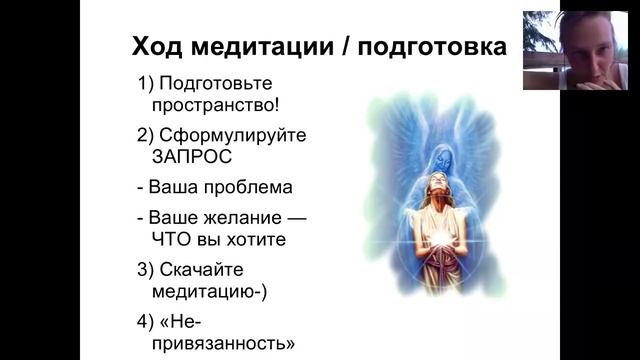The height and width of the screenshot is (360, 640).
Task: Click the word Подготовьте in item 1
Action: [x=216, y=83]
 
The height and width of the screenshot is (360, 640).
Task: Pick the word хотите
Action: [x=261, y=239]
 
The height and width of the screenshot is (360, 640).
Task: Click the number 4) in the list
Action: [x=147, y=322]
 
